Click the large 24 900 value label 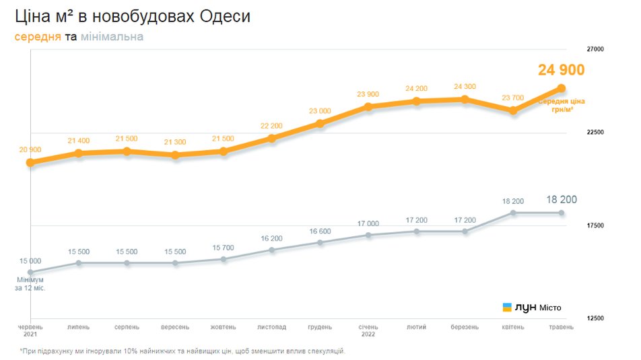[x=561, y=70]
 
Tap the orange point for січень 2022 [x=368, y=107]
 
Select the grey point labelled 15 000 [x=30, y=272]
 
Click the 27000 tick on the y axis [x=595, y=49]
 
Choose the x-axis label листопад [x=271, y=327]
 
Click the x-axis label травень [x=560, y=327]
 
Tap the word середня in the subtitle [x=38, y=36]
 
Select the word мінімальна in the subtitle [x=112, y=36]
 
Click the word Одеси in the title [x=226, y=16]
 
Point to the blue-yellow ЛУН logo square [x=507, y=308]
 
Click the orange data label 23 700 [x=512, y=98]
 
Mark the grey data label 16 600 [x=320, y=231]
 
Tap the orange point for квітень [x=512, y=110]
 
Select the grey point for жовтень [x=224, y=259]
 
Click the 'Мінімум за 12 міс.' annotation [x=30, y=283]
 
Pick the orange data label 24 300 [x=465, y=87]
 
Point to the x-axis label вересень [x=175, y=327]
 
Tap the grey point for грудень [x=320, y=242]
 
